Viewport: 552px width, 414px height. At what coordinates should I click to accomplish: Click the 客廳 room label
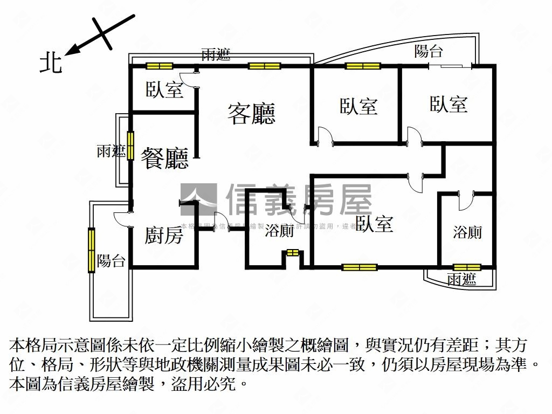click(251, 113)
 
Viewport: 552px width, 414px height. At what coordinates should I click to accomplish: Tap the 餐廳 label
click(164, 158)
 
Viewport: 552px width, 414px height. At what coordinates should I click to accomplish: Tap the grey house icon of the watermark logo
click(198, 200)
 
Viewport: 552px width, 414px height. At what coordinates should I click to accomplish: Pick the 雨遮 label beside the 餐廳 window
click(111, 151)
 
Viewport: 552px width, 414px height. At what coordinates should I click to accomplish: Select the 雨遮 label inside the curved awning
click(462, 279)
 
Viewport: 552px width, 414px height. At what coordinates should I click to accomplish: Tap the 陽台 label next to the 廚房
click(112, 261)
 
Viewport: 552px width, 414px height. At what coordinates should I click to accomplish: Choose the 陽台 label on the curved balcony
click(429, 52)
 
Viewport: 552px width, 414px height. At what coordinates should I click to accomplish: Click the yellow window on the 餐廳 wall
click(130, 146)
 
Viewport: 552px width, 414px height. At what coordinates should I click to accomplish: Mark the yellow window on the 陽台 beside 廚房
click(92, 250)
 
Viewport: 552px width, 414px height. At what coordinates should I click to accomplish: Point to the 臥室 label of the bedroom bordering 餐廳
click(164, 89)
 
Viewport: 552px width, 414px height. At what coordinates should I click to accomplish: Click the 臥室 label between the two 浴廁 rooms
click(374, 223)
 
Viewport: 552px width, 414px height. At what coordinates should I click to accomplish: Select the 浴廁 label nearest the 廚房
click(279, 231)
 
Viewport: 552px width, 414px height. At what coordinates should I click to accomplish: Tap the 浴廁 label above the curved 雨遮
click(467, 232)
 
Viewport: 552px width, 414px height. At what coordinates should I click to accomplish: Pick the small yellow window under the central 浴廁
click(293, 252)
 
